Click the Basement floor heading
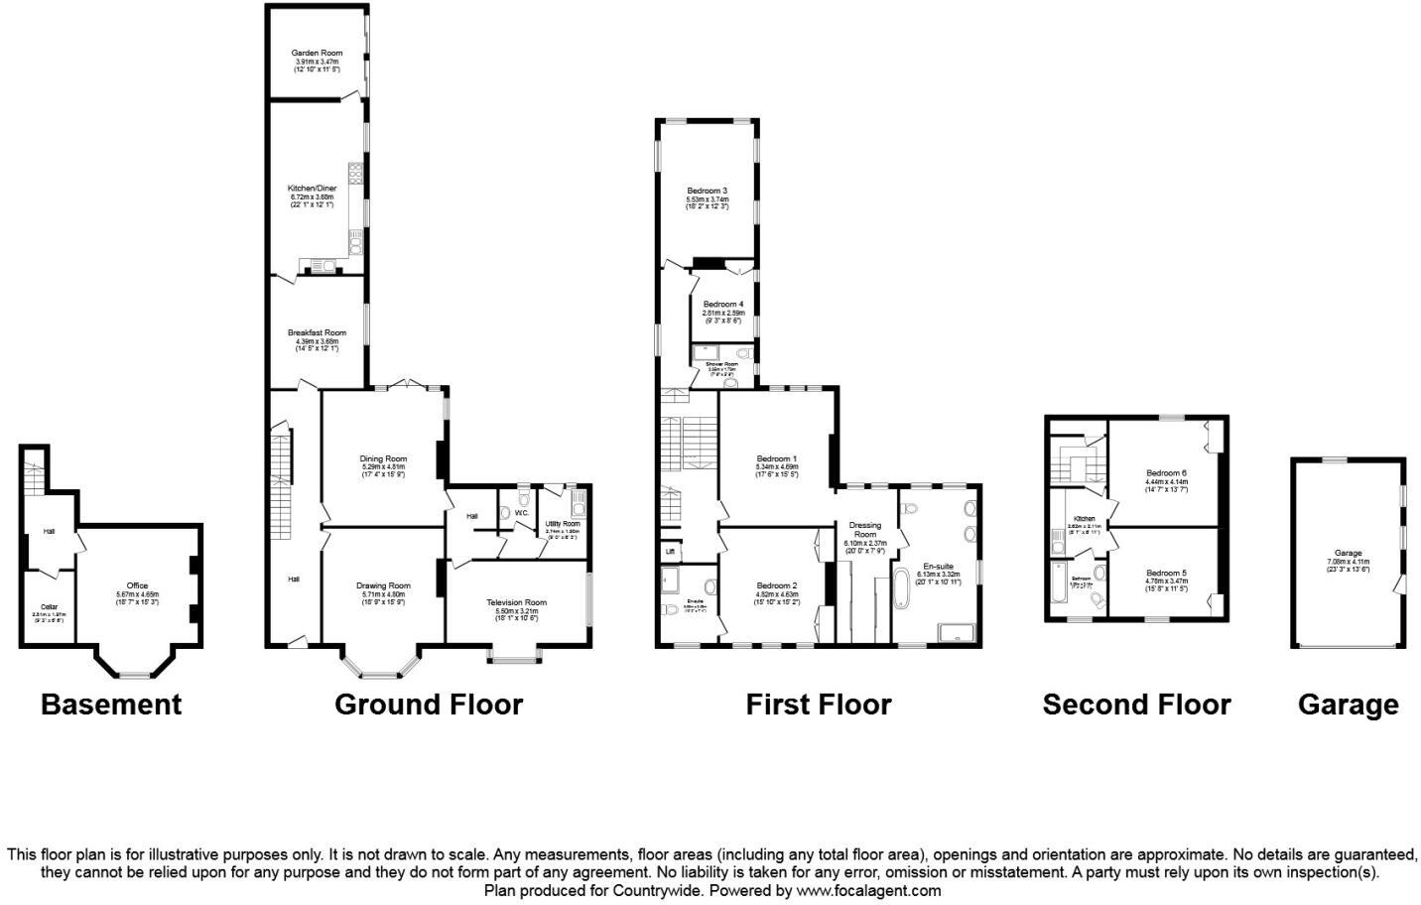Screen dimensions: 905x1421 111,705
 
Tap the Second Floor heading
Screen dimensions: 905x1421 1136,705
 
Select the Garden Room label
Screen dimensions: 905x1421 317,53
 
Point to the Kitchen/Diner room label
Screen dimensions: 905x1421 312,188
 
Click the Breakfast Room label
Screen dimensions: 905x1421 317,332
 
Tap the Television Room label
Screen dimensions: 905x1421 516,602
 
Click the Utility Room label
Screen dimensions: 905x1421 562,523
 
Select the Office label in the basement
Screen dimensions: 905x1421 137,585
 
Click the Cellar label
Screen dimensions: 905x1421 49,606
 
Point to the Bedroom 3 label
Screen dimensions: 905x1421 708,191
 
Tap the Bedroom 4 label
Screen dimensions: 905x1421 722,304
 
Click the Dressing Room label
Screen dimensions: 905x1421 864,530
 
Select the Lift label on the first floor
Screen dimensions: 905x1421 670,552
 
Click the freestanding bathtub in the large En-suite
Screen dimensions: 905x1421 902,588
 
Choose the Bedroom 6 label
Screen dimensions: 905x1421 1166,472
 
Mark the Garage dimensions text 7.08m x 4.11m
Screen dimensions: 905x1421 1348,562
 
